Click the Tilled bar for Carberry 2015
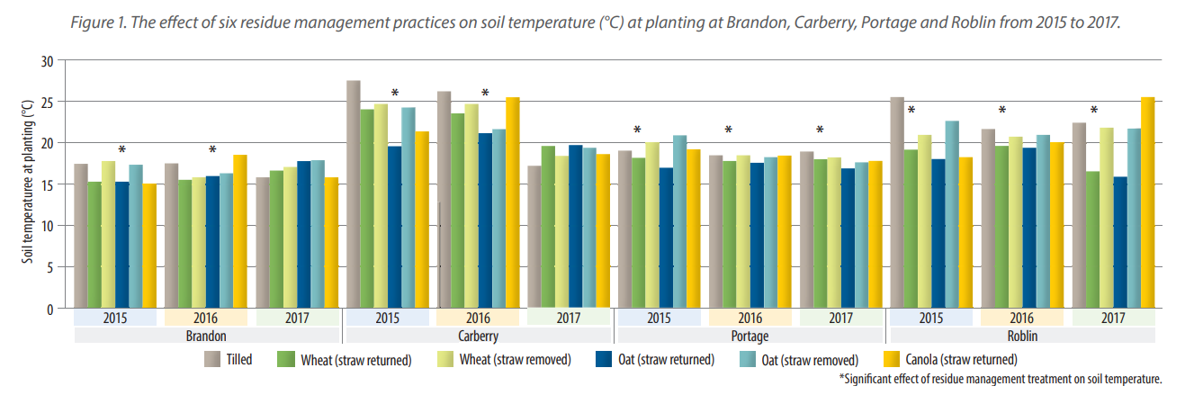tap(354, 194)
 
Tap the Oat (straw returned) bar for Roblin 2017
tap(1119, 242)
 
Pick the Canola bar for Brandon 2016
tap(239, 231)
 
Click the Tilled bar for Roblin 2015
tap(897, 202)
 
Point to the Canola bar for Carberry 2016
tap(513, 202)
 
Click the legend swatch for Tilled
tap(212, 360)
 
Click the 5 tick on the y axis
tap(50, 267)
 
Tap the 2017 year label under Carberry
tap(568, 319)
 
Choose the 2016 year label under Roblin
tap(1021, 319)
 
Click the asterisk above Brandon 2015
tap(122, 150)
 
